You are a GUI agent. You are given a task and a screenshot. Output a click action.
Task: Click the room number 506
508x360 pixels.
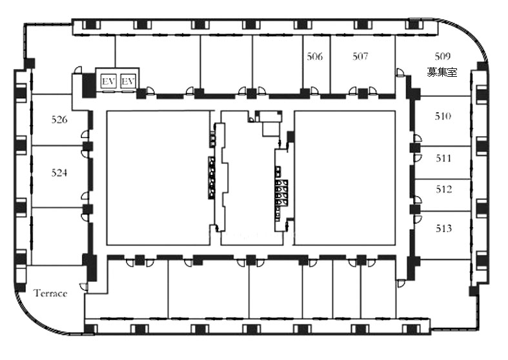pos(315,57)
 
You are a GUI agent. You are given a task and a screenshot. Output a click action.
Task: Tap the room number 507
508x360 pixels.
pos(360,57)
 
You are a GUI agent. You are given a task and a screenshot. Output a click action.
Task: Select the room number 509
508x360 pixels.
pos(443,57)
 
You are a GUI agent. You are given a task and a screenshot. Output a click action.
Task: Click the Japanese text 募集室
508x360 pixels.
pos(442,72)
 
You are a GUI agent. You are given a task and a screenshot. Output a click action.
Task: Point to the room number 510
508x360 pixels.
pos(443,116)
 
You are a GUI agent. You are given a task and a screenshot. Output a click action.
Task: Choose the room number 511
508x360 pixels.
pos(443,158)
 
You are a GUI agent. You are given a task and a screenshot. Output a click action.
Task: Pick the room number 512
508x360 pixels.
pos(443,189)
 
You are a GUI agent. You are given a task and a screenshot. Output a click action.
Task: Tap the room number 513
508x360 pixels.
pos(443,228)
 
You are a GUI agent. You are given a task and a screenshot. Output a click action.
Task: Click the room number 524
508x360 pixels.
pos(59,172)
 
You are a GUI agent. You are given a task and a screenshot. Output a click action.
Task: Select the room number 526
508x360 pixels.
pos(59,119)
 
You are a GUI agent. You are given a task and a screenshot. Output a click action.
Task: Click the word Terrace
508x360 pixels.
pos(50,294)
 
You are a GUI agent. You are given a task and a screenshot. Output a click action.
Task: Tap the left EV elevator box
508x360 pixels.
pos(108,81)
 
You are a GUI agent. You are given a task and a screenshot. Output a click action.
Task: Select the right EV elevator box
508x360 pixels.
pos(128,81)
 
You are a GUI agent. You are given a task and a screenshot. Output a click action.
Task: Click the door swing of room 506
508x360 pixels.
pos(314,91)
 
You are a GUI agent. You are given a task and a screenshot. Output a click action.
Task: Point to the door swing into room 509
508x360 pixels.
pos(400,72)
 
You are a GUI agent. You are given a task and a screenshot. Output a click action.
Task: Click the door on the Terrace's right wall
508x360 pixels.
pos(83,287)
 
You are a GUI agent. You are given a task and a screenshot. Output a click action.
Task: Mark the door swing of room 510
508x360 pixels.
pos(418,138)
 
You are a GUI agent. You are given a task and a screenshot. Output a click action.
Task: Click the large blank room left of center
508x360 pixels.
pos(158,177)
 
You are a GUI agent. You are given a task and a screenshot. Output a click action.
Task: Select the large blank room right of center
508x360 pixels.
pos(345,177)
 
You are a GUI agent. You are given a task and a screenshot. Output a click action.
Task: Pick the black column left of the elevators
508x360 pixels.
pos(88,85)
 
